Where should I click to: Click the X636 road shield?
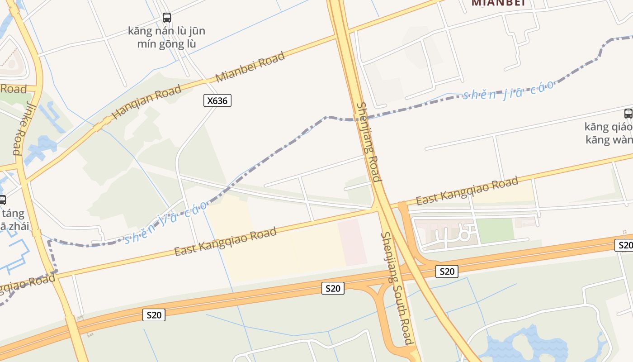[x=217, y=100]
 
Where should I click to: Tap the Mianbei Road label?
[x=250, y=67]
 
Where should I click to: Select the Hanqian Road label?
[x=146, y=102]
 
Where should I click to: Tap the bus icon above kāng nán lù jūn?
[x=167, y=18]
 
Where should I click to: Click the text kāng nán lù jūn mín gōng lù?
[x=166, y=37]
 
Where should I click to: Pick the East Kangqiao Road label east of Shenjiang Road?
[x=467, y=191]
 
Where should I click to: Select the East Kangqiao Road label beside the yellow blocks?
[x=225, y=242]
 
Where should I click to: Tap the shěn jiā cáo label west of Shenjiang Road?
[x=166, y=222]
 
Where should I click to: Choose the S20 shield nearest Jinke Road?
[x=154, y=315]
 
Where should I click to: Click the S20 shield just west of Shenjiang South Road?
[x=333, y=288]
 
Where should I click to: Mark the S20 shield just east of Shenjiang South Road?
[x=447, y=271]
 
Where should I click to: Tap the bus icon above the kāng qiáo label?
[x=628, y=113]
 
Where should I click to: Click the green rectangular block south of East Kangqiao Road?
[x=496, y=230]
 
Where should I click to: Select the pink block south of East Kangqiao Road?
[x=353, y=242]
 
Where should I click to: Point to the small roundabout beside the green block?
[x=463, y=235]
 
